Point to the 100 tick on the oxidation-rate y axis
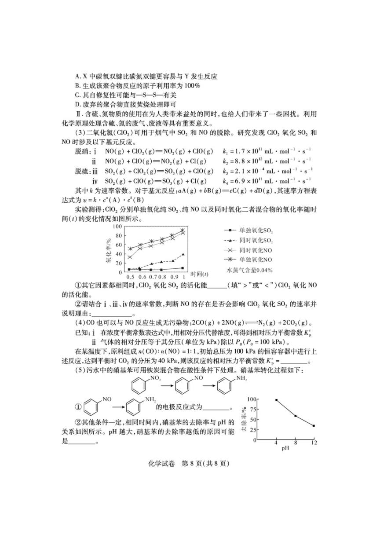[x=117, y=226]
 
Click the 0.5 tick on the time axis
[x=130, y=278]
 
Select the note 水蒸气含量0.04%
[x=249, y=270]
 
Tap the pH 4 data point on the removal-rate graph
[x=276, y=400]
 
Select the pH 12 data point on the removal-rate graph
[x=314, y=426]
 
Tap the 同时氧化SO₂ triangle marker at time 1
[x=183, y=254]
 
